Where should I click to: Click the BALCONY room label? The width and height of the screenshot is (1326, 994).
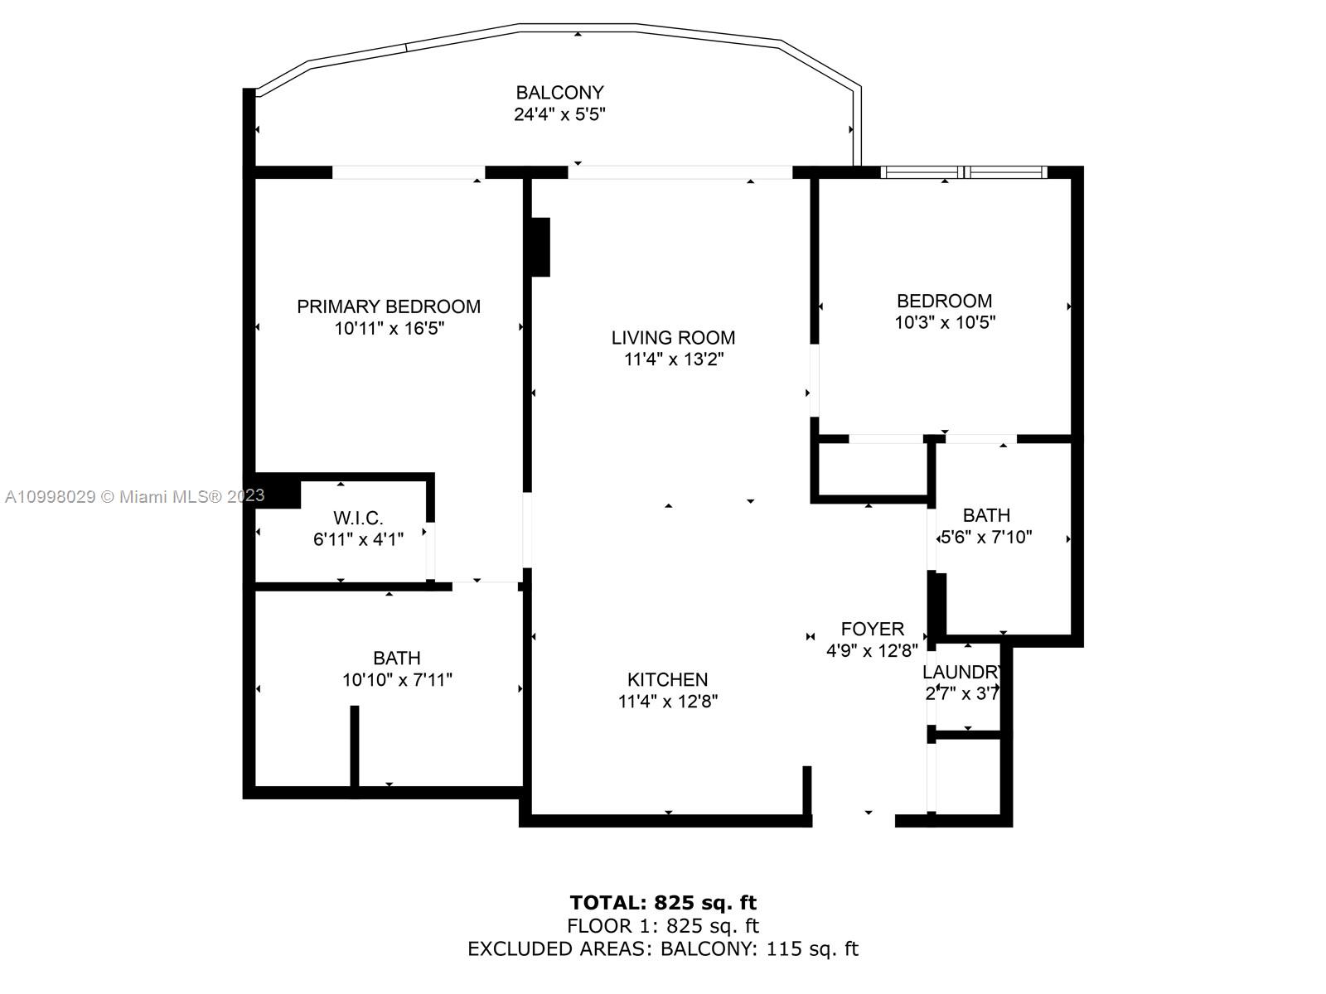pos(559,93)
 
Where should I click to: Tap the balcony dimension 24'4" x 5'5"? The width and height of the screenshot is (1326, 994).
pos(559,114)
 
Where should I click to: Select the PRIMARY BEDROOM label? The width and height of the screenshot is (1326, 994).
pos(389,306)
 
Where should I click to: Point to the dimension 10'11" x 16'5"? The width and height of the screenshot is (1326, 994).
pos(389,329)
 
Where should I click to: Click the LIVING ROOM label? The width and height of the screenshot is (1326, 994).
pos(673,337)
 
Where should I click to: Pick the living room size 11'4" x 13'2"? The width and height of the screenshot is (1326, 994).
pos(673,359)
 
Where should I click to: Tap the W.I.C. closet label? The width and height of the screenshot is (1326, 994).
pos(358,519)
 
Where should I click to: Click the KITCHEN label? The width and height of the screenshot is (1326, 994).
pos(667,679)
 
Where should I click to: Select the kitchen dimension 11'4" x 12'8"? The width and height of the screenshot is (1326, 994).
pos(667,702)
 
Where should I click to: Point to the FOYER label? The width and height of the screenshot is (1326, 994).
pos(872,629)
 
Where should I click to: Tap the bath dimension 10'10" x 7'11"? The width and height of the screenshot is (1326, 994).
pos(397,680)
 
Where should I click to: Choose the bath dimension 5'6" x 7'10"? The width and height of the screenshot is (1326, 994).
pos(985,537)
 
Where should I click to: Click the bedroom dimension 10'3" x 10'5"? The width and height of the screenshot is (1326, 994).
pos(944,322)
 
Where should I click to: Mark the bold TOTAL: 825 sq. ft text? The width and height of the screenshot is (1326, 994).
pos(663,902)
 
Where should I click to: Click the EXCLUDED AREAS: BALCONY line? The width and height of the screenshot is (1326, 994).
pos(663,949)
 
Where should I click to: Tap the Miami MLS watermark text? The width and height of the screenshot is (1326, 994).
pos(134,496)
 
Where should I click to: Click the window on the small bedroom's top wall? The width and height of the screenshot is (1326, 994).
pos(963,172)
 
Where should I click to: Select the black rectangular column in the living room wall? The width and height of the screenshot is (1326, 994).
pos(540,247)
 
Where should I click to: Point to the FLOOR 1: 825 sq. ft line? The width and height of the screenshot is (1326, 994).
pos(663,926)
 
